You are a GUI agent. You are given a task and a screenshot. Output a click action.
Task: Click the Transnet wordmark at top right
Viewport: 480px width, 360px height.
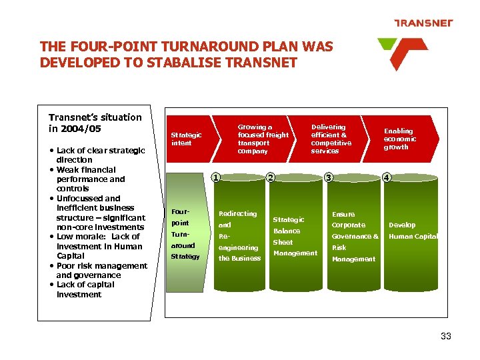click(x=423, y=23)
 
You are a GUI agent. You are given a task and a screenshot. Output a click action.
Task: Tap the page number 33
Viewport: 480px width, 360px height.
click(x=446, y=336)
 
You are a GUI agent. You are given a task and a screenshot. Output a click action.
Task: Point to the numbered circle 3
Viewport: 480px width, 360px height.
click(x=327, y=177)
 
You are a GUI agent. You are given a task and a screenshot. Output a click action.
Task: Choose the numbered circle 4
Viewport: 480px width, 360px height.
click(x=387, y=177)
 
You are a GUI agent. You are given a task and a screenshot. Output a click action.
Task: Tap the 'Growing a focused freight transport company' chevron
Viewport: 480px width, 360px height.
click(x=263, y=139)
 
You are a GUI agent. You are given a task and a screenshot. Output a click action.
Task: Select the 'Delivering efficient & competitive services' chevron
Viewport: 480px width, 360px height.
click(x=332, y=139)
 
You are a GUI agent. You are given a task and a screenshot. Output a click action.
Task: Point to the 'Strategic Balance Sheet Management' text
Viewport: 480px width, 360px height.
click(x=294, y=236)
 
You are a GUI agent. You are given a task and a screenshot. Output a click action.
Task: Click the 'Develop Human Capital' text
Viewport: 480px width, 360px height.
click(x=412, y=231)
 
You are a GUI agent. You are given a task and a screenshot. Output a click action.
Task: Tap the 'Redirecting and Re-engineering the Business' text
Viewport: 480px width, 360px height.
click(x=238, y=236)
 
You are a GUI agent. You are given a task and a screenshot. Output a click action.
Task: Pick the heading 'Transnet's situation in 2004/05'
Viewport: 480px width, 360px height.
click(x=95, y=123)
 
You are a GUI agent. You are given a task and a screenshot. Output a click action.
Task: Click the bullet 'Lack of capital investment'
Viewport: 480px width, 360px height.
click(x=85, y=289)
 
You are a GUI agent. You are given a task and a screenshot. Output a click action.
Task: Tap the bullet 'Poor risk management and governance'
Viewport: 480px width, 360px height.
click(x=101, y=270)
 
